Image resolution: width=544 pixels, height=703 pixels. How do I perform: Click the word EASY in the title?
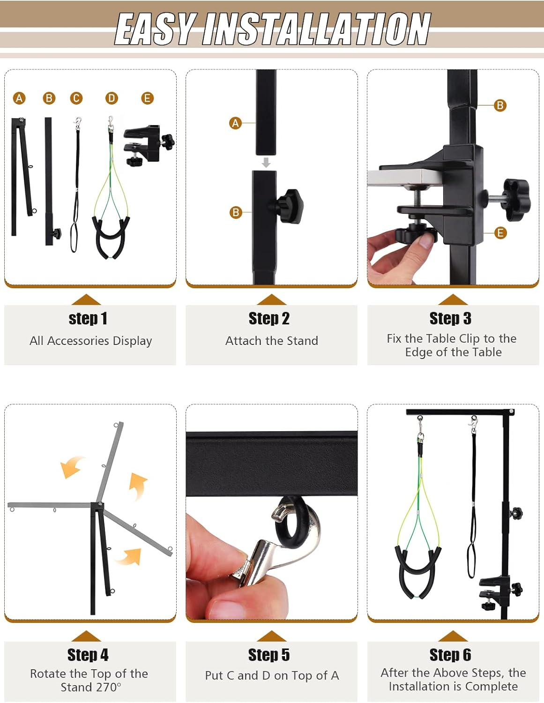(155, 29)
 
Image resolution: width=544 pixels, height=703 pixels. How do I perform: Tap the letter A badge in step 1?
(19, 98)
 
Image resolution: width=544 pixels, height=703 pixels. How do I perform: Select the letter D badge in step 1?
(112, 98)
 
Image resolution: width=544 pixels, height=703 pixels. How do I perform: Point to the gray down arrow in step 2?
(266, 163)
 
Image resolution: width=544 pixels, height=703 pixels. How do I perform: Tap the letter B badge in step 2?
(236, 212)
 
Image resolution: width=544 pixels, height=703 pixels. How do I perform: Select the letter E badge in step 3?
(500, 233)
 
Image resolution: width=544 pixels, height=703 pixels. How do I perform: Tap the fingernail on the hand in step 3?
(425, 241)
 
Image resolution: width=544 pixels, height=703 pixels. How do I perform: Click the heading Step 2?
(269, 319)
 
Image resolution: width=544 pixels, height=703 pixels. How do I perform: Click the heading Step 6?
(450, 655)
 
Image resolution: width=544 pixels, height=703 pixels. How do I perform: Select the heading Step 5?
(269, 655)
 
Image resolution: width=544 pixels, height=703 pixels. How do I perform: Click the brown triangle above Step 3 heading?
(452, 300)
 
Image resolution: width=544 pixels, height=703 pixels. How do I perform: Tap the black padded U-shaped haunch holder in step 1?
(111, 237)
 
